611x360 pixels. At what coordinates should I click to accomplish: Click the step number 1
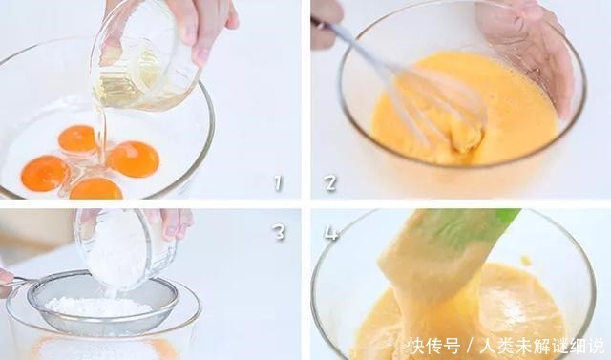[x=277, y=180]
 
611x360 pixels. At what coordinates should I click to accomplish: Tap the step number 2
[x=330, y=181]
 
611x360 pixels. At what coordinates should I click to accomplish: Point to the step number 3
[x=279, y=230]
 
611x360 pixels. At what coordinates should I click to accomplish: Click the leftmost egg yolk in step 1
[x=45, y=173]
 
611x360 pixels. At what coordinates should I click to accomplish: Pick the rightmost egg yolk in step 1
[x=134, y=159]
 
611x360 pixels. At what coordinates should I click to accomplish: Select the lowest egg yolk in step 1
[x=95, y=188]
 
